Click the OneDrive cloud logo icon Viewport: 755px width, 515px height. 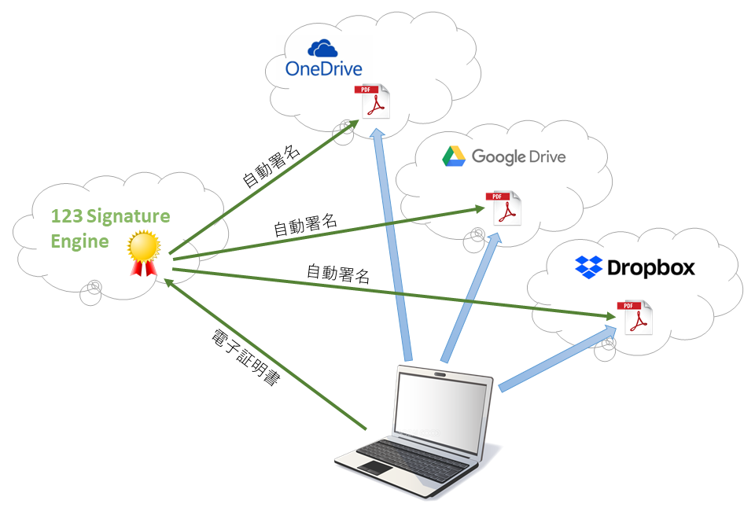pos(322,49)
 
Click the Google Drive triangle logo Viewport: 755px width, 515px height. pos(453,156)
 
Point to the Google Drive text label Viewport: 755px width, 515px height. pos(518,156)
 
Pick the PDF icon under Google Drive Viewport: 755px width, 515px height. pos(503,208)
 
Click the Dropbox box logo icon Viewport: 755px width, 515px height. pos(589,267)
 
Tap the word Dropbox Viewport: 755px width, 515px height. pos(651,268)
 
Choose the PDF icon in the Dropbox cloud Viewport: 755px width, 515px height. pos(634,317)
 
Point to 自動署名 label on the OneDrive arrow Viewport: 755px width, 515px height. pos(271,166)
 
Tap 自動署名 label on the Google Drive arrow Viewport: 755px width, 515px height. pos(305,225)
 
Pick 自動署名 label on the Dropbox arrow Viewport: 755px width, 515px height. pos(337,274)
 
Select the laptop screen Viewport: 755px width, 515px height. pos(442,409)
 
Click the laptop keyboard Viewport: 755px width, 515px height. pos(413,456)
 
